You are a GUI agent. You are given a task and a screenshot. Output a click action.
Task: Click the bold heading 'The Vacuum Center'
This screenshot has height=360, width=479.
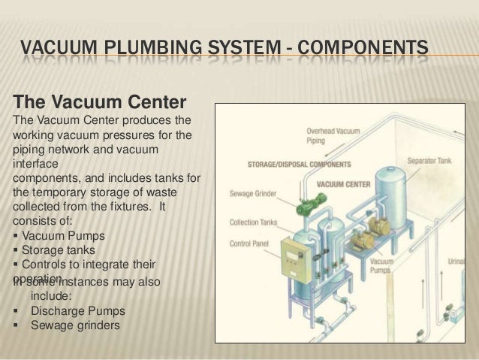(x=95, y=101)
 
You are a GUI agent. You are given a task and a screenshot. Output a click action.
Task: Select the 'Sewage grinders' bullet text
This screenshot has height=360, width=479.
(x=74, y=325)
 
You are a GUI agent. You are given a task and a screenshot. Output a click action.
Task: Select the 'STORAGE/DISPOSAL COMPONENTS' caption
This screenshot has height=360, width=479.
(x=300, y=164)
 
